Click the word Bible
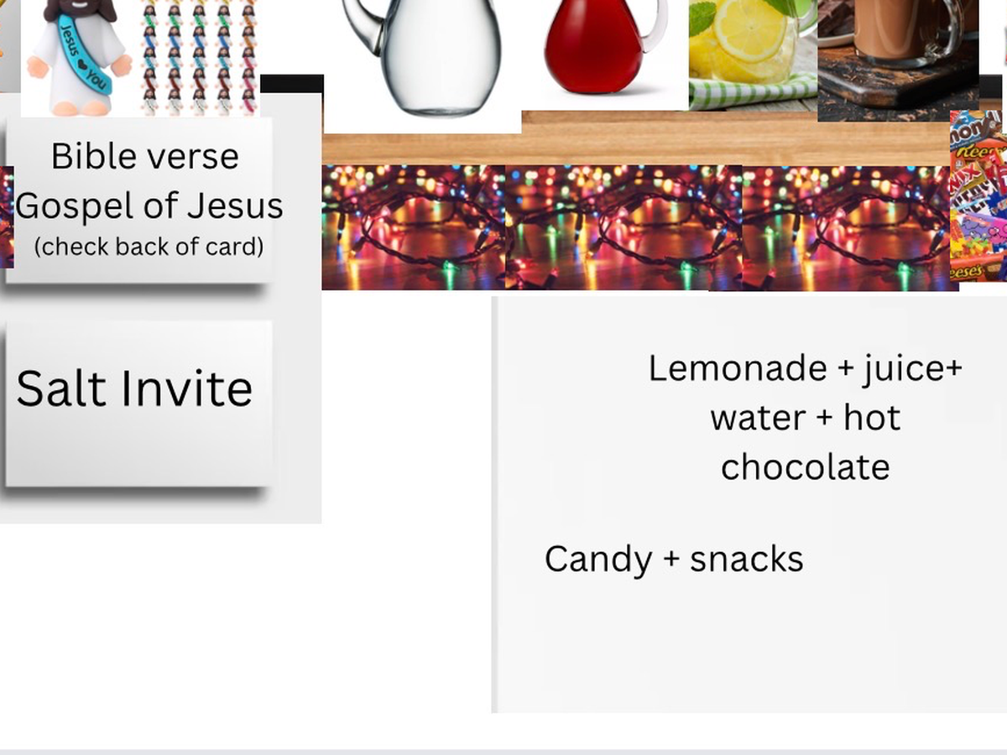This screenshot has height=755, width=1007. click(93, 156)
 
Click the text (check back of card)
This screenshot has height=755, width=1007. click(149, 247)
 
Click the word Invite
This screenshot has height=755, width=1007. click(187, 388)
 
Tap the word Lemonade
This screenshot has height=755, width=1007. click(738, 369)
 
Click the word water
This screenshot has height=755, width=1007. click(758, 419)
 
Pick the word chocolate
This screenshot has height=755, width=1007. click(806, 466)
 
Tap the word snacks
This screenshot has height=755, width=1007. click(747, 560)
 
